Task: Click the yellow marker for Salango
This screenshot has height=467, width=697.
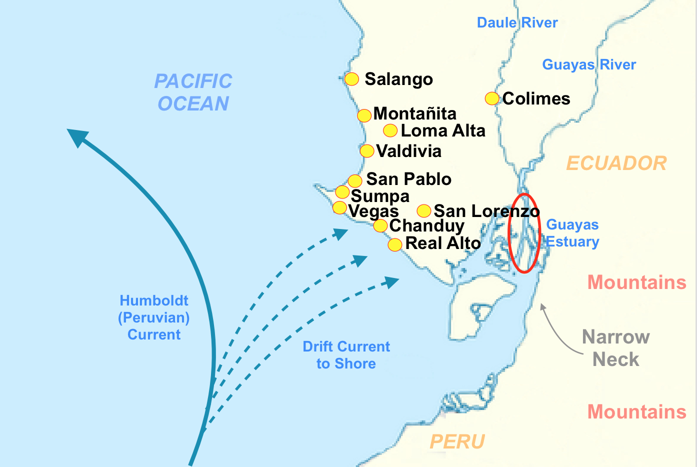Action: tap(351, 79)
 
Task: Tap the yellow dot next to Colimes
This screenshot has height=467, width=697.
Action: tap(492, 98)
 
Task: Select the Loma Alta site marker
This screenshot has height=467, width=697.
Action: tap(390, 131)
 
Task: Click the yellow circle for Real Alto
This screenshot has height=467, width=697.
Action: tap(395, 244)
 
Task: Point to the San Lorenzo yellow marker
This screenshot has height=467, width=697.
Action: tap(424, 210)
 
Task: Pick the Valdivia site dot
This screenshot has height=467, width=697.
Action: tap(367, 151)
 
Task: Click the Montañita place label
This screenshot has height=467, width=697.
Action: tap(414, 113)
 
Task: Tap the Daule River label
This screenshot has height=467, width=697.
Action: tap(517, 22)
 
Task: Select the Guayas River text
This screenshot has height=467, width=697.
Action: tap(589, 64)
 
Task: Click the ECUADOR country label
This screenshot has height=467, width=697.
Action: tap(616, 163)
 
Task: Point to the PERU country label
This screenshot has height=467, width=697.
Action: tap(457, 442)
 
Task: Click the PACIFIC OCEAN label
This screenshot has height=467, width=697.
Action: tap(193, 92)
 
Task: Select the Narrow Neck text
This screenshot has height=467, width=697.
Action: tap(615, 348)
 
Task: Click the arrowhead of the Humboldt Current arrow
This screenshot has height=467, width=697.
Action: tap(76, 136)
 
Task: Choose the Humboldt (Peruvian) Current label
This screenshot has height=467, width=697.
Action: tap(154, 317)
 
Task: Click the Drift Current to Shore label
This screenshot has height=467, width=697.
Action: tap(346, 355)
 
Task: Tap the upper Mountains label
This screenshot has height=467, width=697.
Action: tap(636, 282)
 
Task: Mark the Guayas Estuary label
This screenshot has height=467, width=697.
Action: tap(572, 233)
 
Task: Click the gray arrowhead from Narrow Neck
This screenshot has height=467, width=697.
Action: tap(542, 307)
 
